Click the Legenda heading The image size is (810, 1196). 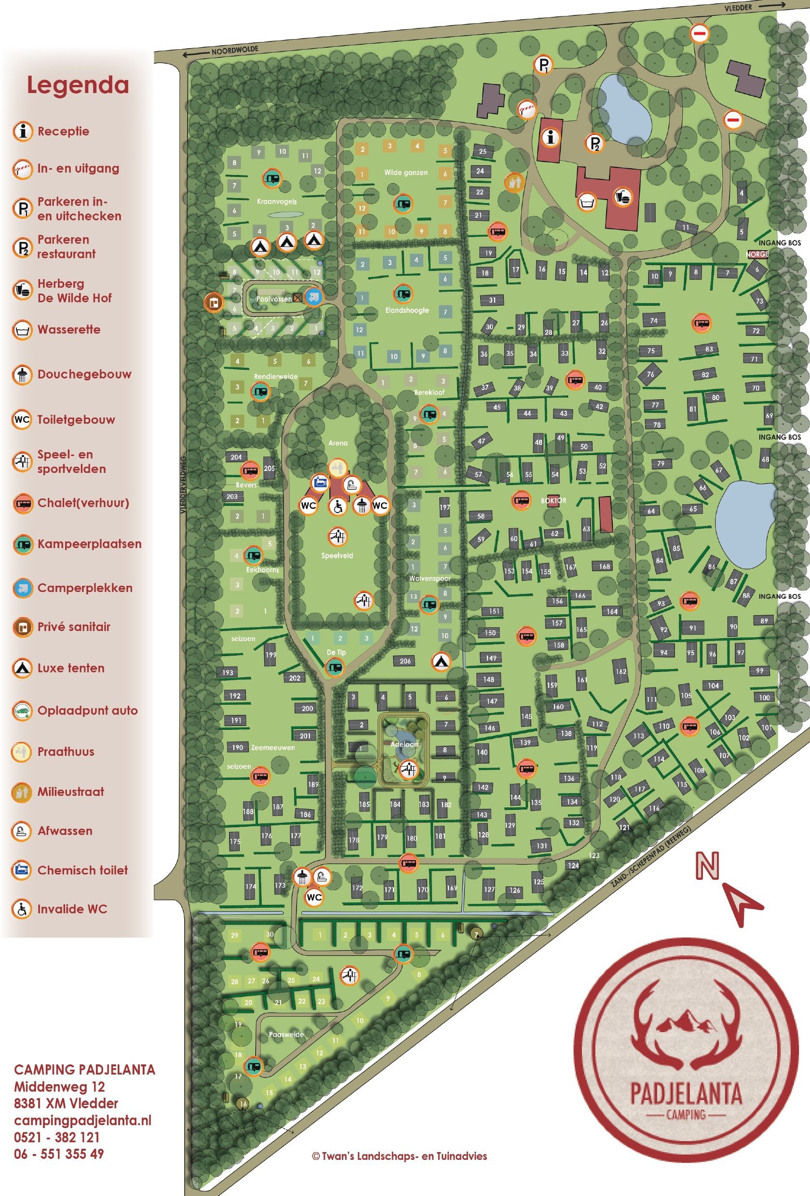pyautogui.click(x=78, y=85)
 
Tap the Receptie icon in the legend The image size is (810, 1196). pyautogui.click(x=23, y=131)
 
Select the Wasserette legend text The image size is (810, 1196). pyautogui.click(x=68, y=329)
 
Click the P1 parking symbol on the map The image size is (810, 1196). pyautogui.click(x=543, y=65)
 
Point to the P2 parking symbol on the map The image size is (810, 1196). pyautogui.click(x=594, y=143)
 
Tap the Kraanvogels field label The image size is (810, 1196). pyautogui.click(x=276, y=202)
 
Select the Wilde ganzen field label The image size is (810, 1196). pyautogui.click(x=405, y=173)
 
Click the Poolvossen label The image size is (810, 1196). pyautogui.click(x=274, y=299)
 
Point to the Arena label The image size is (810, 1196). pyautogui.click(x=337, y=443)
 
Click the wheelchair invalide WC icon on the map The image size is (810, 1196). pyautogui.click(x=337, y=506)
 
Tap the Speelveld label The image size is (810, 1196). pyautogui.click(x=337, y=556)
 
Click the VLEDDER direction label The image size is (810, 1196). pyautogui.click(x=738, y=8)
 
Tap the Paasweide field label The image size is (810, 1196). pyautogui.click(x=286, y=1035)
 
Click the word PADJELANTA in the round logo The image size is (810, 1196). pyautogui.click(x=686, y=1095)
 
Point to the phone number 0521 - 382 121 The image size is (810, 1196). pyautogui.click(x=56, y=1137)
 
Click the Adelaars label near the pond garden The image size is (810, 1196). pyautogui.click(x=405, y=744)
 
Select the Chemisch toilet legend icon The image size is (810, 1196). pyautogui.click(x=22, y=870)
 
